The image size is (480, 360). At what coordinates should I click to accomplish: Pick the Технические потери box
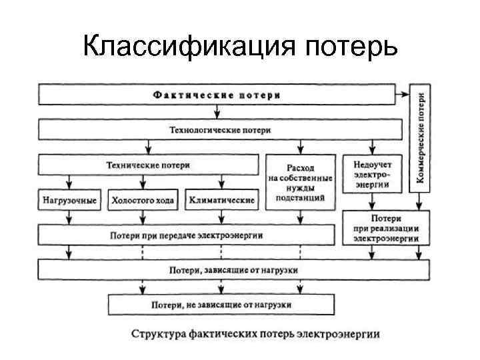tap(148, 165)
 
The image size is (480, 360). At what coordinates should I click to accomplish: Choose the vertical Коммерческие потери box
tap(421, 137)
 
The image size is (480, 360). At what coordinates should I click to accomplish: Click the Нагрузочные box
tap(69, 199)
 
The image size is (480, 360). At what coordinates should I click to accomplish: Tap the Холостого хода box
tap(142, 199)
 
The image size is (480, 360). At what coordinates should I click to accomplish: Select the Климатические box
tap(221, 199)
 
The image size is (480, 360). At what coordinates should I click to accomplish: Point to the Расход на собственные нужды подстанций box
tap(301, 180)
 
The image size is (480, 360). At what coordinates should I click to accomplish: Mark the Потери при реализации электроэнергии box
tap(386, 227)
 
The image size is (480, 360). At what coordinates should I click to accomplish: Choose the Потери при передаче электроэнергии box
tap(187, 235)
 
